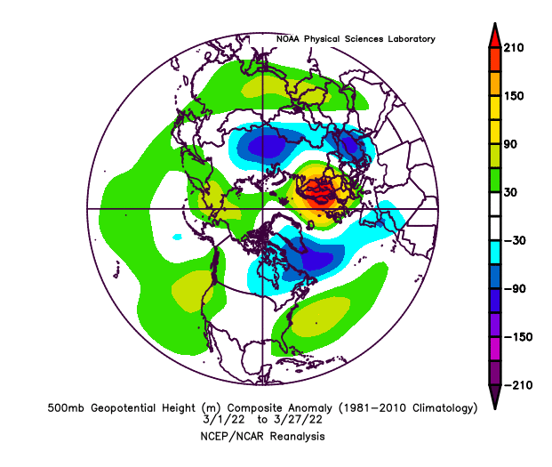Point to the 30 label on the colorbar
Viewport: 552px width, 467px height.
coord(511,192)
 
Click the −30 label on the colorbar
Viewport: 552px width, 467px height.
coord(514,240)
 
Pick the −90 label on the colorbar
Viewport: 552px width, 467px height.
coord(514,288)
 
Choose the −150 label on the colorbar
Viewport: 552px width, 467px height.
coord(516,336)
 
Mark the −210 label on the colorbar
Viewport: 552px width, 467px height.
coord(516,384)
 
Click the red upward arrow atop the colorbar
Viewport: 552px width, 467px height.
coord(492,36)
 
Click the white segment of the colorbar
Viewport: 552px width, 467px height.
coord(492,216)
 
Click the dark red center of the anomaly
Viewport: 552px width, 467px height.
coord(318,189)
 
